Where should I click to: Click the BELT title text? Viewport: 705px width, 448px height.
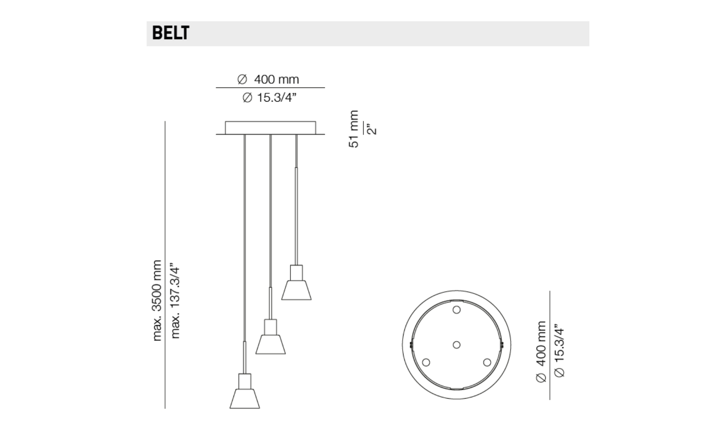(170, 33)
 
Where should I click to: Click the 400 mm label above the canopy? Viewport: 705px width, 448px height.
(268, 79)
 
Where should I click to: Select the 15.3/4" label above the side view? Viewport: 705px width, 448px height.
(270, 97)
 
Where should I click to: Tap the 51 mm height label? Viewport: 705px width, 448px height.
(353, 129)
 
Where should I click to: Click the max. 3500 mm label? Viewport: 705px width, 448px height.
(156, 300)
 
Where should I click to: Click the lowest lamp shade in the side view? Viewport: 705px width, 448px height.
(245, 399)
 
